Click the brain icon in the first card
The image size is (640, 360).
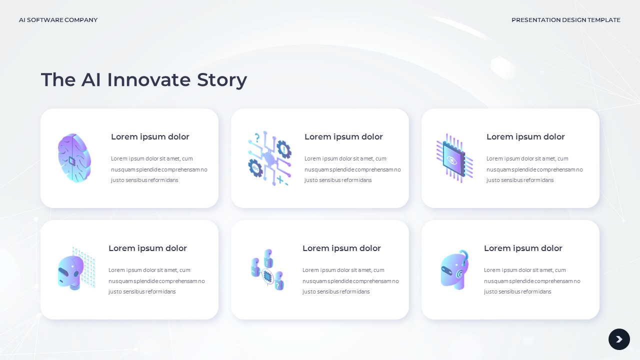74,158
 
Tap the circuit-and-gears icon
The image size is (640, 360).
269,158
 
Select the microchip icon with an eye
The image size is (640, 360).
454,158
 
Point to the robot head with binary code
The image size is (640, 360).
75,269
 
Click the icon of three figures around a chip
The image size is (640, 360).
267,270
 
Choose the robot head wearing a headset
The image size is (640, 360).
454,270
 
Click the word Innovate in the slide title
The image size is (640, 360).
149,80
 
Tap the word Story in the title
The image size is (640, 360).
222,80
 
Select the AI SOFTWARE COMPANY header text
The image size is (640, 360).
58,20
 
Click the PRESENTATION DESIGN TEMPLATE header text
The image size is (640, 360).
565,20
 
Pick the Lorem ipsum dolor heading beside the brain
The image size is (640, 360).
150,137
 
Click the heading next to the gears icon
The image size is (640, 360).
343,137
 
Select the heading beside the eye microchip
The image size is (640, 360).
525,137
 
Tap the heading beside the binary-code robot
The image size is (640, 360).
147,248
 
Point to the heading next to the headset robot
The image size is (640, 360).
523,248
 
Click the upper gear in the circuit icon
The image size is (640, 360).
283,149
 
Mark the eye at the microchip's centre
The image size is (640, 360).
452,160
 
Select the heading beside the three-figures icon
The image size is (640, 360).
341,248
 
